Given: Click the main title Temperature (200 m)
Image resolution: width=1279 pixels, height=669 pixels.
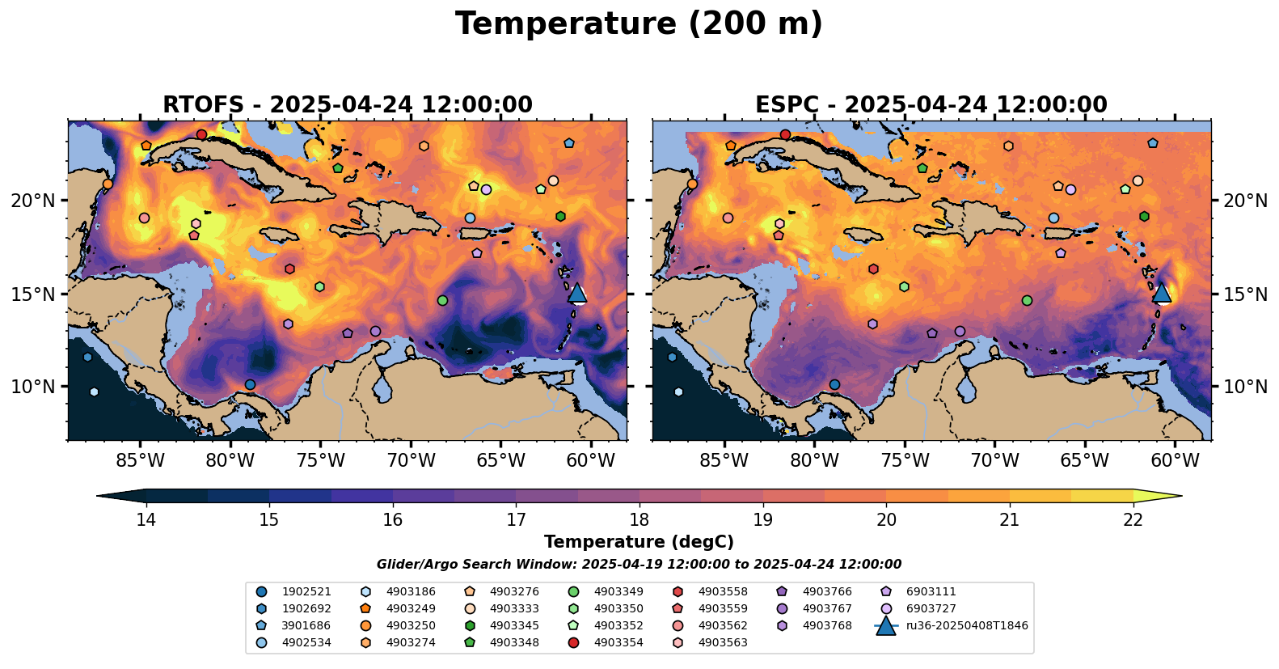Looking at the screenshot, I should click(639, 24).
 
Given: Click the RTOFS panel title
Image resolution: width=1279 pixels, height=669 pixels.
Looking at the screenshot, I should click(348, 105).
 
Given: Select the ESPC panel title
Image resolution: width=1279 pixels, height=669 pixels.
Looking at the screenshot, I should click(931, 105).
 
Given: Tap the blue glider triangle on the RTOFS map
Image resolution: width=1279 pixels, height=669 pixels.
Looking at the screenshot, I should click(577, 293).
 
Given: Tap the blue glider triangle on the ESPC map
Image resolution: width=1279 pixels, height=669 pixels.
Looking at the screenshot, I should click(1162, 293).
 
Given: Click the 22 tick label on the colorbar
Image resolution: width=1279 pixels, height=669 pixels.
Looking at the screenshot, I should click(1133, 519).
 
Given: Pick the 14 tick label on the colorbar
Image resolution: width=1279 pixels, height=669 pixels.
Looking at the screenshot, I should click(146, 519).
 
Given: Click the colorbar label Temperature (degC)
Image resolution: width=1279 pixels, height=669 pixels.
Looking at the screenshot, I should click(639, 542).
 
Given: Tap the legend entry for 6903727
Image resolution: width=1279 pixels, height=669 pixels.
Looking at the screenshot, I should click(931, 608).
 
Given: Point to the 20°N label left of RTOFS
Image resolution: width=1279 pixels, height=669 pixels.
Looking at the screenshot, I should click(33, 201).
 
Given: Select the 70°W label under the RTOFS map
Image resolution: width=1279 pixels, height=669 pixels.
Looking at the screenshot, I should click(411, 461).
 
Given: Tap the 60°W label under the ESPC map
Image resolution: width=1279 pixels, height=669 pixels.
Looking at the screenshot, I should click(1175, 461).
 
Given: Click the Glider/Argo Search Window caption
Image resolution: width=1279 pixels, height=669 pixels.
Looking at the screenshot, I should click(639, 565).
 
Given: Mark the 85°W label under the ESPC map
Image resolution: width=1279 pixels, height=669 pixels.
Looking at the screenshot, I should click(724, 461).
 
